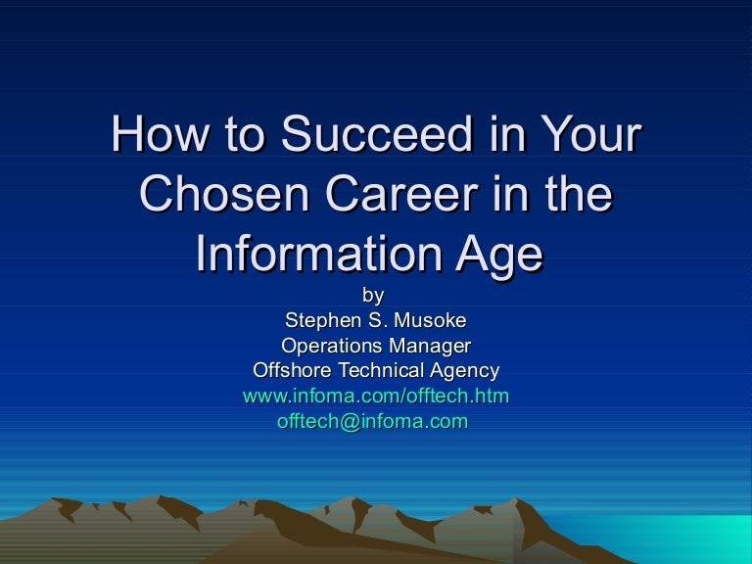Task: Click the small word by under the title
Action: (374, 295)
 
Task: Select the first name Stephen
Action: (318, 320)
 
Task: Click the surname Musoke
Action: (432, 320)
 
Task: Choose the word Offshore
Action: (292, 371)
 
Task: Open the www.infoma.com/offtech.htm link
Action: (375, 397)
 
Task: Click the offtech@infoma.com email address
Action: (372, 422)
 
